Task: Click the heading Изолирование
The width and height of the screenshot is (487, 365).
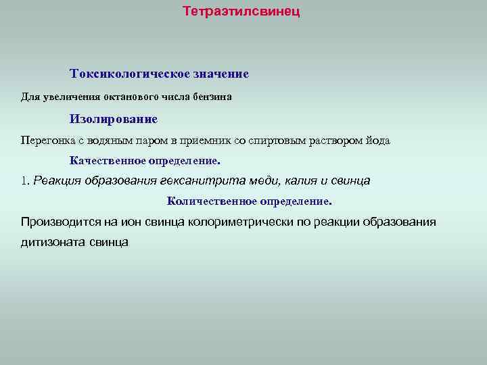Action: [x=113, y=119]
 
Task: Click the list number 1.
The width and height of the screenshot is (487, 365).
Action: [x=25, y=181]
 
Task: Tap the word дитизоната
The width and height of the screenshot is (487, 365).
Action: [x=52, y=242]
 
